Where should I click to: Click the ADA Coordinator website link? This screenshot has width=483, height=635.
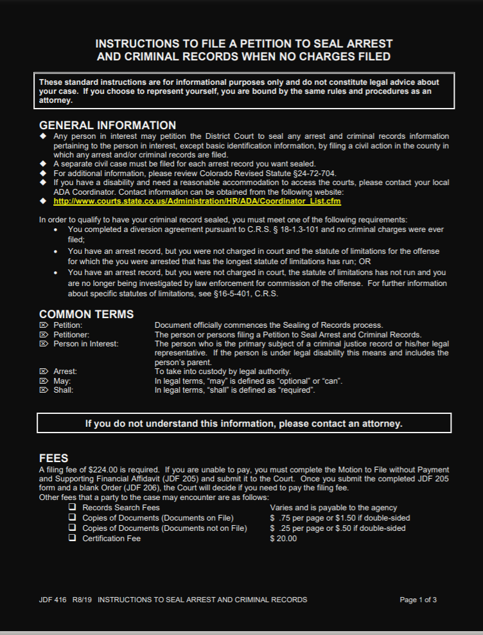pos(197,201)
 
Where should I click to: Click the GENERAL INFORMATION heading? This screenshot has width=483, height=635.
pos(107,125)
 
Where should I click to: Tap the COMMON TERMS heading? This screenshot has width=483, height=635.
pos(87,314)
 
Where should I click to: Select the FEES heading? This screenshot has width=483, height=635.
pos(53,459)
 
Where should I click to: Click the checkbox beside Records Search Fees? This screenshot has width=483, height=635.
pos(73,508)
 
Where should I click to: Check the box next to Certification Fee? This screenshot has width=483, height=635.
pos(73,539)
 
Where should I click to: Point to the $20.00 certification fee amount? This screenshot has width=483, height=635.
pos(284,539)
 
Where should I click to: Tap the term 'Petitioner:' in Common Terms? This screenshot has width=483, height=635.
pos(71,334)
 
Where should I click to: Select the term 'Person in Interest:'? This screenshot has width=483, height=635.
pos(85,344)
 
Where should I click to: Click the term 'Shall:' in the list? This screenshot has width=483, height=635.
pos(63,390)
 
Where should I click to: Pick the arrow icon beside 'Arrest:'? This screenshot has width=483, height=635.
pos(44,371)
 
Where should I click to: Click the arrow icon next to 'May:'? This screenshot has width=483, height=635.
pos(44,381)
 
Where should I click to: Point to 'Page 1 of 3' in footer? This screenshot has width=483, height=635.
pos(418,600)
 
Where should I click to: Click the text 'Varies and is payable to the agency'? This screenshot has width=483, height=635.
pos(333,508)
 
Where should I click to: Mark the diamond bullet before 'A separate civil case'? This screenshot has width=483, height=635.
pos(43,164)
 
